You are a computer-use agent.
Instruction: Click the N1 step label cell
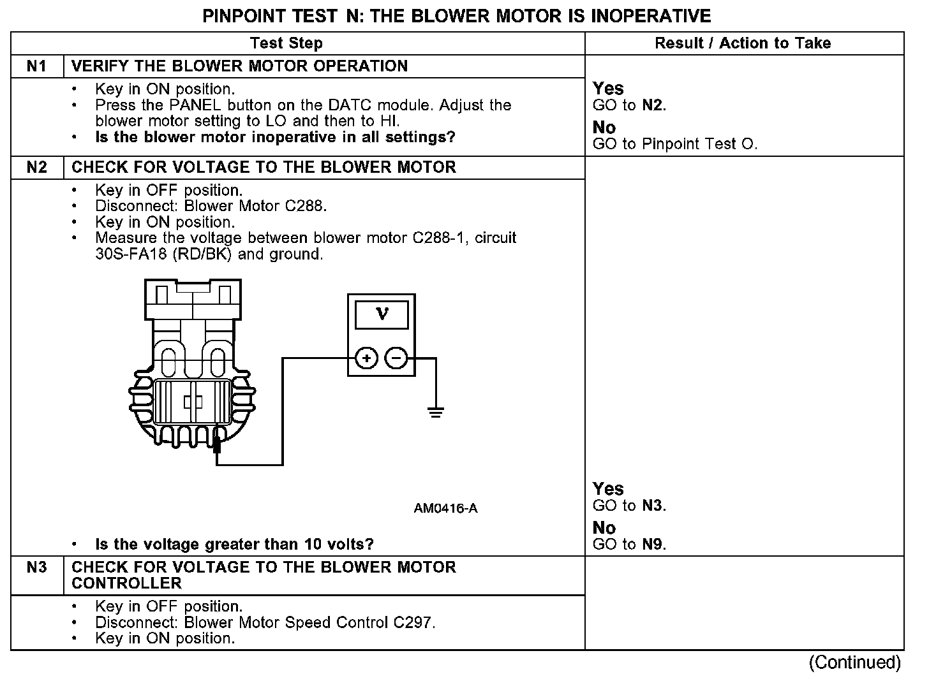coord(37,66)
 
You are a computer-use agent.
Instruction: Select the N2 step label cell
coord(37,168)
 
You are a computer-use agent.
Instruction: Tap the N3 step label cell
coord(37,567)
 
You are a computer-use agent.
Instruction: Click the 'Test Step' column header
coord(286,43)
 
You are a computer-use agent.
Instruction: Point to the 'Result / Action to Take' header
coord(743,43)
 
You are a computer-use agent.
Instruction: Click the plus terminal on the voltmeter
coord(366,358)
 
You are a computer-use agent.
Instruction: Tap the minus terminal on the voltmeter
coord(396,358)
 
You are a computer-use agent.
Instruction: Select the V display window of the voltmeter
coord(382,314)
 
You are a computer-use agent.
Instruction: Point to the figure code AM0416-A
coord(445,508)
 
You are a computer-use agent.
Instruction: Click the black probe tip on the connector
coord(217,444)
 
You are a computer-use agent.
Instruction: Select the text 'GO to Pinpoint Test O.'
coord(675,144)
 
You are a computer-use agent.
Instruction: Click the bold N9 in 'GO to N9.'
coord(653,545)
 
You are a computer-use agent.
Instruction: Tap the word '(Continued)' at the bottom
coord(854,663)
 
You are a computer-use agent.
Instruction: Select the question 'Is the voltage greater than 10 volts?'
coord(234,545)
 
